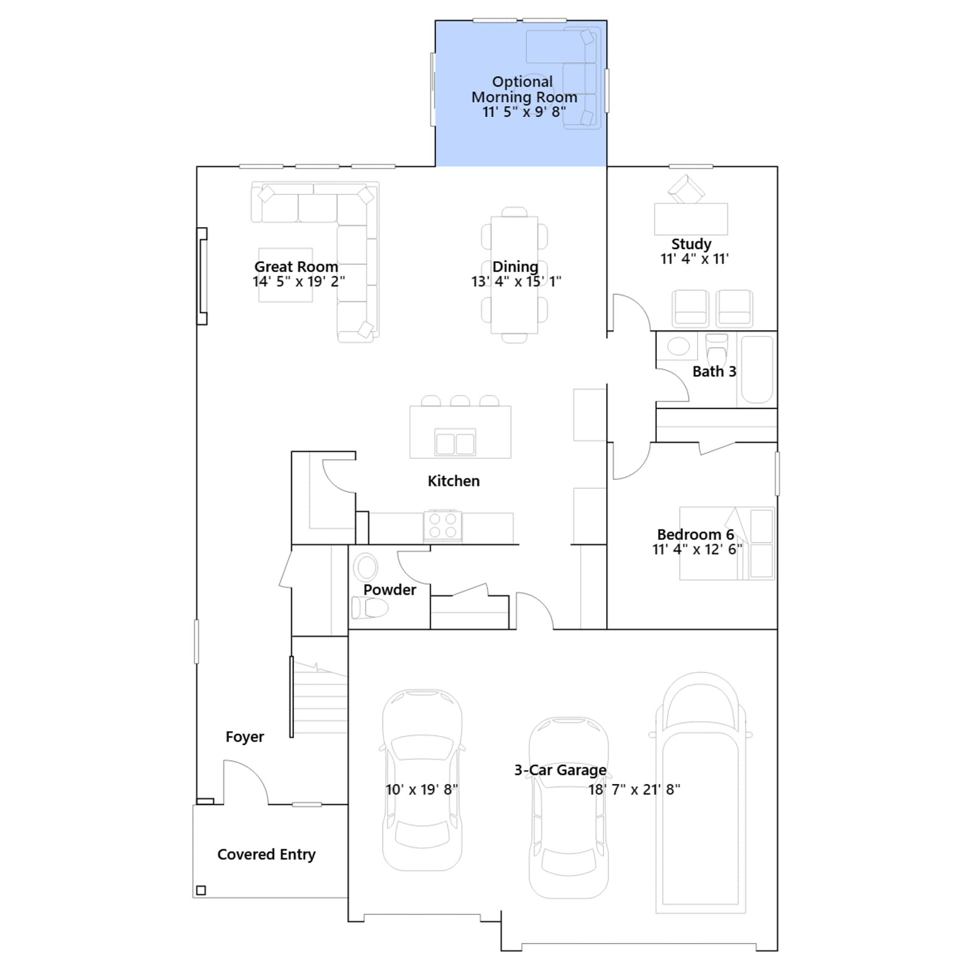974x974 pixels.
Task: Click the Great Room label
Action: coord(296,267)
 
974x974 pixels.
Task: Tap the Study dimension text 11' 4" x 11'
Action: coord(695,259)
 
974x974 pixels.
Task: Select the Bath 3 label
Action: coord(714,371)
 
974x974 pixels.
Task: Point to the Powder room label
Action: coord(390,590)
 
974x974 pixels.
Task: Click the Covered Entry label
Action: coord(267,855)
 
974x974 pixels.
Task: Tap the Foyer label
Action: coord(245,737)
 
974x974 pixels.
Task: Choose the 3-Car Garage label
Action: coord(560,770)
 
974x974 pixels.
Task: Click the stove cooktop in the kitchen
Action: coord(443,525)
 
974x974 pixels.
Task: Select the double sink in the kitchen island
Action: coord(455,442)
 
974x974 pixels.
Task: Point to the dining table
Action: coord(514,275)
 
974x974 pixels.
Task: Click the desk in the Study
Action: coord(691,219)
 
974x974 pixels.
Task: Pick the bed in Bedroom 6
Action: coord(727,543)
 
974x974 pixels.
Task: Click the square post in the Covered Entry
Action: coord(201,890)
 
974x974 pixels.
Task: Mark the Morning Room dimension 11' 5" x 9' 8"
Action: coord(524,112)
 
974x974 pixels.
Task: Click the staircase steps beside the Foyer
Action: coord(320,698)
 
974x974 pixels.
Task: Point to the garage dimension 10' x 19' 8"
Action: coord(422,790)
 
